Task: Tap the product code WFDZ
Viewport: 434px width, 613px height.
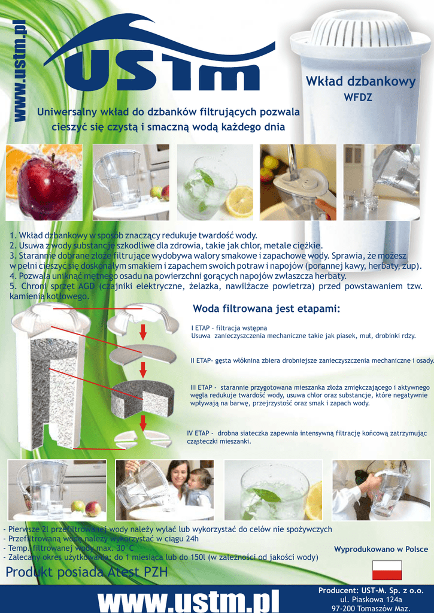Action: click(358, 97)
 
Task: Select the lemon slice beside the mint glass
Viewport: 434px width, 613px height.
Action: click(239, 201)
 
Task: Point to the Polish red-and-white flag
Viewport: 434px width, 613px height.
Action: click(387, 570)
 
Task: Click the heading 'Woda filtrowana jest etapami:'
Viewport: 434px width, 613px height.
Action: click(266, 308)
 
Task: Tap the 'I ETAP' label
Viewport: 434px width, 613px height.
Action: click(200, 328)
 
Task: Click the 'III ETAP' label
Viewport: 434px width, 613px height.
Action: click(201, 387)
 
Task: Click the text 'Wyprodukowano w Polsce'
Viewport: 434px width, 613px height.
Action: click(381, 549)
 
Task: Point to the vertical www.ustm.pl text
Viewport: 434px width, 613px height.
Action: click(20, 71)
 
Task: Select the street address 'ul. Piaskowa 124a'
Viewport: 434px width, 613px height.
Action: click(371, 599)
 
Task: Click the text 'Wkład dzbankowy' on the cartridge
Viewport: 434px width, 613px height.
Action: click(360, 81)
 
